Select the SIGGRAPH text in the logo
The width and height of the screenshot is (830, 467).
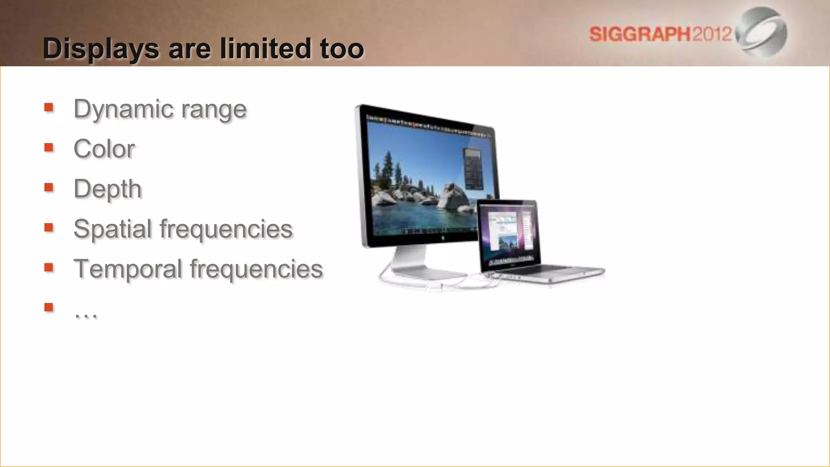(x=639, y=34)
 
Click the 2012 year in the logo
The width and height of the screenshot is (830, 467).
(x=712, y=34)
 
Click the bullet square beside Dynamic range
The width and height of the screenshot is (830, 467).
(x=49, y=107)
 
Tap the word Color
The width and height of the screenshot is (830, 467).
(x=104, y=149)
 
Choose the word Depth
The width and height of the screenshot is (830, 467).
(x=107, y=189)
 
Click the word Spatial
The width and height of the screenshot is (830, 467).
(x=112, y=229)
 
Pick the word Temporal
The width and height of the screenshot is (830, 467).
(x=128, y=269)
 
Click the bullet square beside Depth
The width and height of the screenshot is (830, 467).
(x=49, y=187)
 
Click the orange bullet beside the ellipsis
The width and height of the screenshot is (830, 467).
(x=49, y=307)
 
